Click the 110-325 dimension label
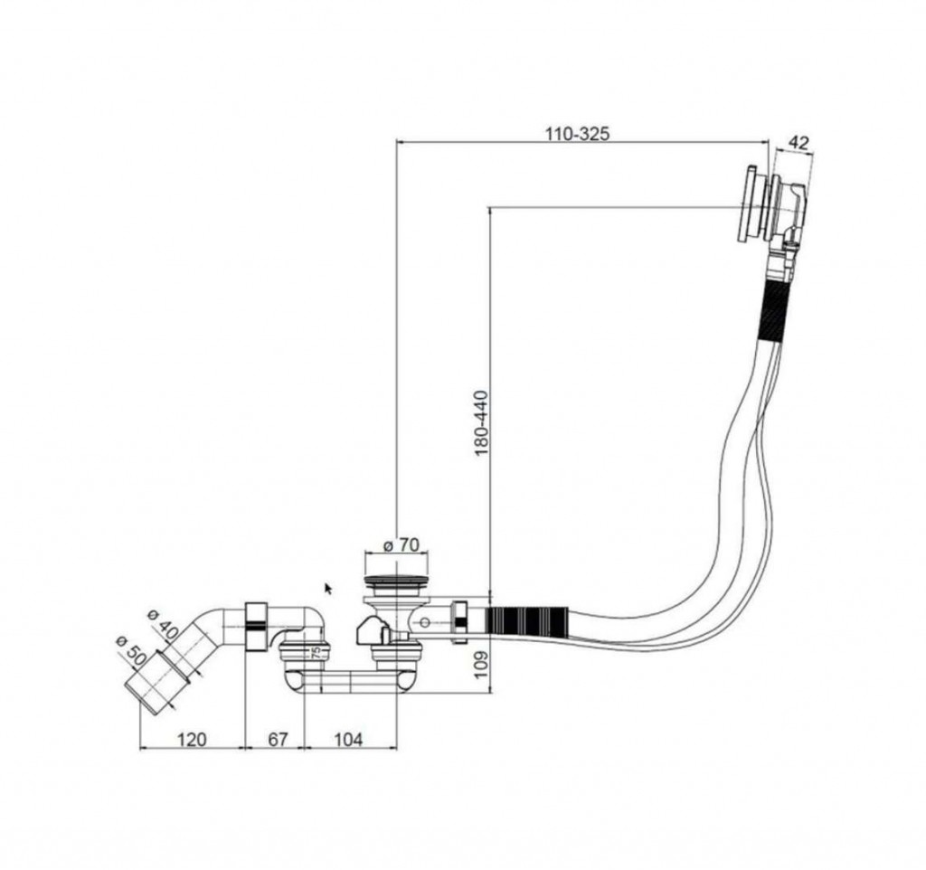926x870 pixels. click(576, 134)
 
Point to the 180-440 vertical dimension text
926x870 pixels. click(482, 423)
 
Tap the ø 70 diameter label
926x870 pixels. click(401, 544)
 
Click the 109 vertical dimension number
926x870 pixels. click(482, 664)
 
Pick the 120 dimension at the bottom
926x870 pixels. click(192, 739)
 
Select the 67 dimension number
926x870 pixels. click(278, 739)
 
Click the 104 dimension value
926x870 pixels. click(348, 739)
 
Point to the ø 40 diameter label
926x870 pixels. click(164, 623)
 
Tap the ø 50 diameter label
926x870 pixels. click(131, 649)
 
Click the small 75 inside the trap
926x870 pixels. click(316, 652)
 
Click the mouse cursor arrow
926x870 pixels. click(328, 588)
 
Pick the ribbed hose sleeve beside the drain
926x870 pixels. click(527, 620)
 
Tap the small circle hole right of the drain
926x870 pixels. click(425, 622)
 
